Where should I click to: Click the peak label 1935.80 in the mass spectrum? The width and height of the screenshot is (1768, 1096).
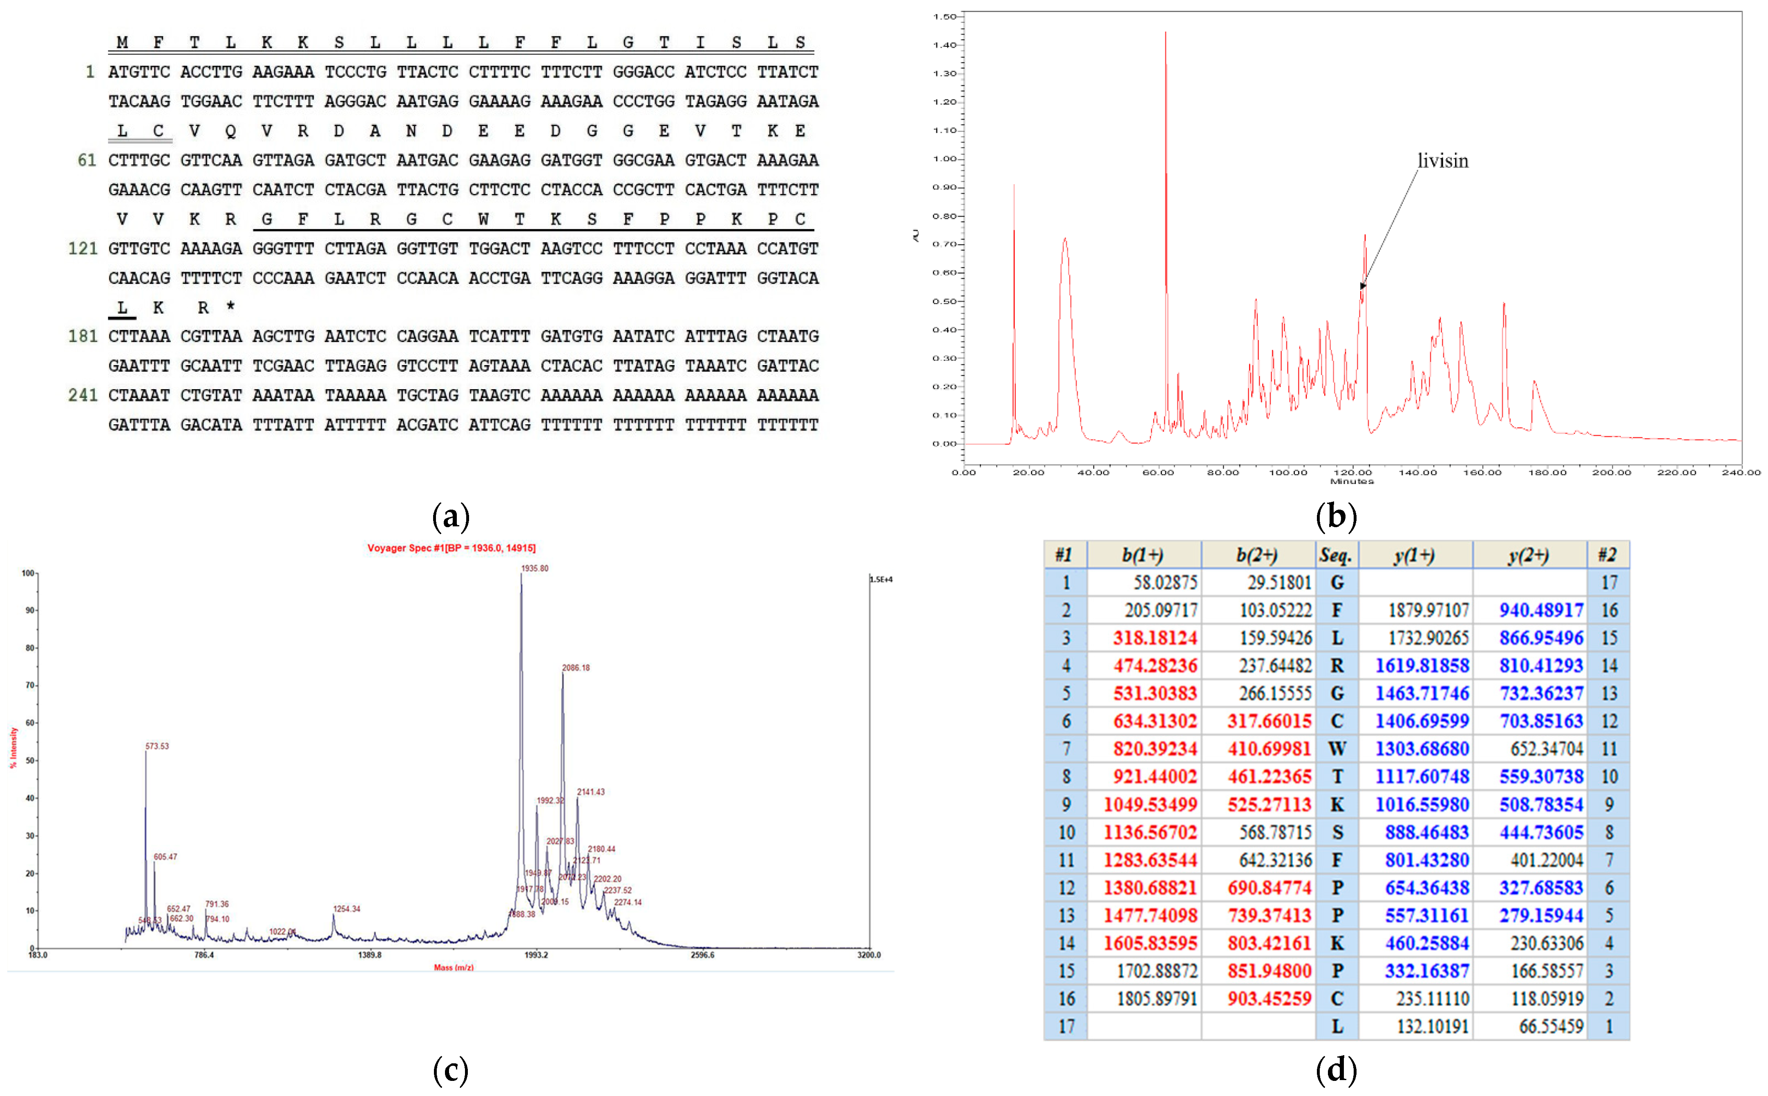pyautogui.click(x=534, y=568)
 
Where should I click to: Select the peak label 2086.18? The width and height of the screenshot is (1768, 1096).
pyautogui.click(x=576, y=668)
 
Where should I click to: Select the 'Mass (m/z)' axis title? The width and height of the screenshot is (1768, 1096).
pyautogui.click(x=453, y=967)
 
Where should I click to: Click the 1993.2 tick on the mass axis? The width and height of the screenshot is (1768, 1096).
pyautogui.click(x=536, y=955)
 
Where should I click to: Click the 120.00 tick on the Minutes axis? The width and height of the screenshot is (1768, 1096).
pyautogui.click(x=1352, y=472)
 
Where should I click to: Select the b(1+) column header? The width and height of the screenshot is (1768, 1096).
pyautogui.click(x=1143, y=555)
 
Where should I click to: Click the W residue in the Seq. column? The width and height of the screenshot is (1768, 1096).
pyautogui.click(x=1337, y=749)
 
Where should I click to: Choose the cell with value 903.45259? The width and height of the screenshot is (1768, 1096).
pyautogui.click(x=1269, y=999)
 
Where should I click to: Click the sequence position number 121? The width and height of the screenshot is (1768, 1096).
pyautogui.click(x=82, y=249)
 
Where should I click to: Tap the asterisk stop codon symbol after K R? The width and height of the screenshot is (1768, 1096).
pyautogui.click(x=230, y=306)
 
